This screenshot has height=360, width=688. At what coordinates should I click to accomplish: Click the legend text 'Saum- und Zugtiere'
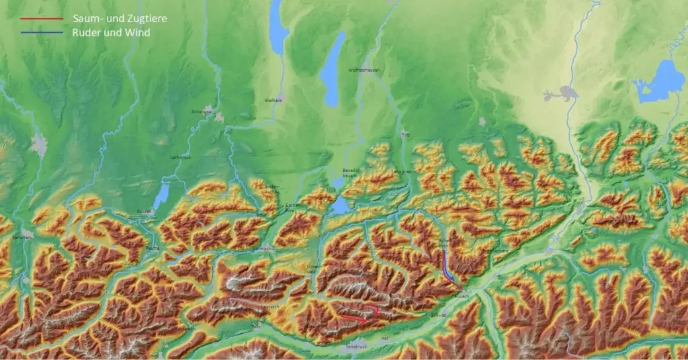tap(120, 19)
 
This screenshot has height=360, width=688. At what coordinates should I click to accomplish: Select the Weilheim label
tap(273, 100)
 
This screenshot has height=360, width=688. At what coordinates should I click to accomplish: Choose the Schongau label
tap(202, 111)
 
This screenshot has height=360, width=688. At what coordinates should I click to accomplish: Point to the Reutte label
tap(153, 247)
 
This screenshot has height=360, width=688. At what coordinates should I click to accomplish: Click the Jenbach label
tap(460, 296)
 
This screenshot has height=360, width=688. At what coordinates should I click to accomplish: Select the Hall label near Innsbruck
tap(385, 337)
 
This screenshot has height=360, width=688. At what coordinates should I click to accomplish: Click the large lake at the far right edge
tap(661, 82)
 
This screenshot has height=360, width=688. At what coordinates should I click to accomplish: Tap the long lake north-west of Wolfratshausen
tap(332, 71)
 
